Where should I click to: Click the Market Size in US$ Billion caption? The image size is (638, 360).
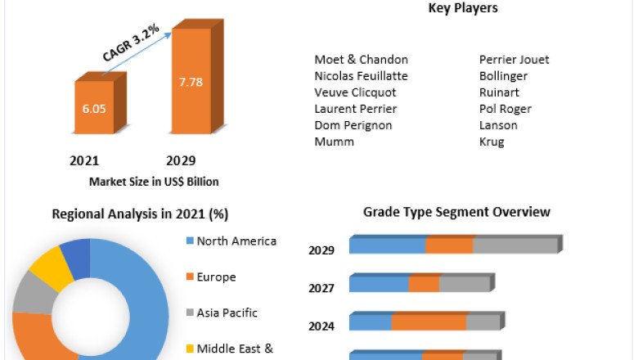[x=154, y=182]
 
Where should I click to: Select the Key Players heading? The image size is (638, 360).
[x=463, y=9]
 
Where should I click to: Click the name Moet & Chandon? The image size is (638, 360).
[x=361, y=60]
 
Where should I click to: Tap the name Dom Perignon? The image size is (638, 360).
[x=353, y=125]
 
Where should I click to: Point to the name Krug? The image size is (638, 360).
[x=492, y=142]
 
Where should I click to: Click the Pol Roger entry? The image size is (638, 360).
[x=505, y=109]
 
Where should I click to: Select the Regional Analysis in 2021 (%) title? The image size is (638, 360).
[x=140, y=214]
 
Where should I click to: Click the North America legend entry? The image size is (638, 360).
[x=236, y=241]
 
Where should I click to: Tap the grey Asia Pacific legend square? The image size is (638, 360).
[x=189, y=313]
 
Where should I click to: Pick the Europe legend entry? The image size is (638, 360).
[x=216, y=277]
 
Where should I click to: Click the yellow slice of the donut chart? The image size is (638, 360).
[x=47, y=267]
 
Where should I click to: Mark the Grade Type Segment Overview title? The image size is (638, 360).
[x=456, y=212]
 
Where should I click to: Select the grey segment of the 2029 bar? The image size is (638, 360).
[x=514, y=245]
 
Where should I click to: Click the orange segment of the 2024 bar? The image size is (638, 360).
[x=429, y=322]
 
